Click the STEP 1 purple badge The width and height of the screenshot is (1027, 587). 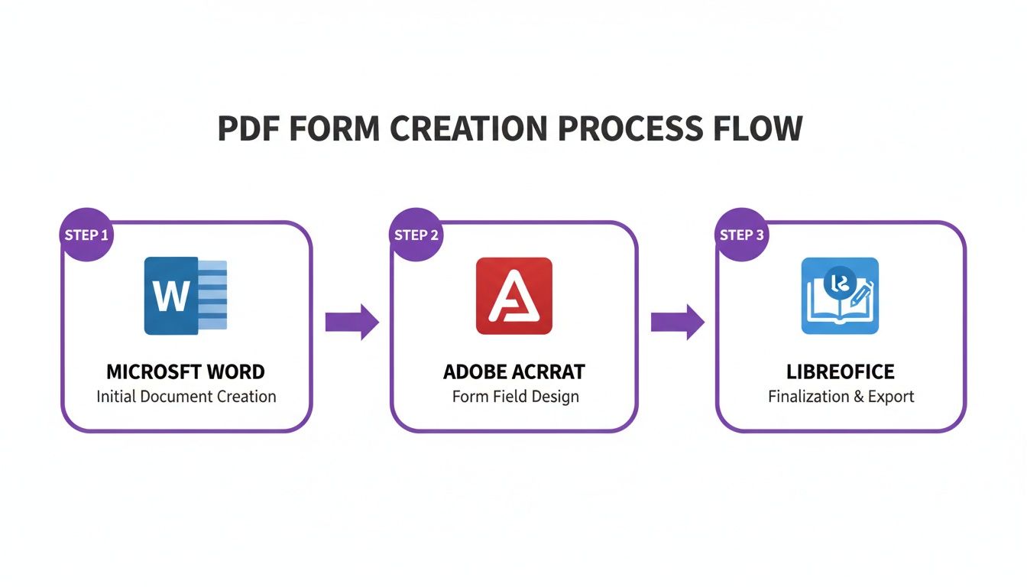(86, 235)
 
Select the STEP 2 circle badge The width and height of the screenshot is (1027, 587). (416, 235)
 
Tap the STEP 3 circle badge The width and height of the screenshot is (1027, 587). (742, 235)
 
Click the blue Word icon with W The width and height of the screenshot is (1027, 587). (186, 296)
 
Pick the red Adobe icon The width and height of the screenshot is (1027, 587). (513, 296)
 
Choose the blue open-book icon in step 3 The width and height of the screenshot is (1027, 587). (840, 296)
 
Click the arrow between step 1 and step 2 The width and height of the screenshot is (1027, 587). (352, 322)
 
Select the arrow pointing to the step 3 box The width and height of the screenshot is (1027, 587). (677, 322)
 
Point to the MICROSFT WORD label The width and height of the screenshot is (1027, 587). (186, 372)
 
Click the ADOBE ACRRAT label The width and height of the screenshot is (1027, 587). (514, 372)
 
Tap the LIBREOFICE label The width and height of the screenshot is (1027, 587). (841, 372)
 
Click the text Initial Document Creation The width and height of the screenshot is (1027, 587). (186, 397)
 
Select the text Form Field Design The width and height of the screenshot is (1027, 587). (515, 397)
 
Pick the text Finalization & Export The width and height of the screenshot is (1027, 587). (841, 397)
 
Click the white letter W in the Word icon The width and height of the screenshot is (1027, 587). (170, 297)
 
